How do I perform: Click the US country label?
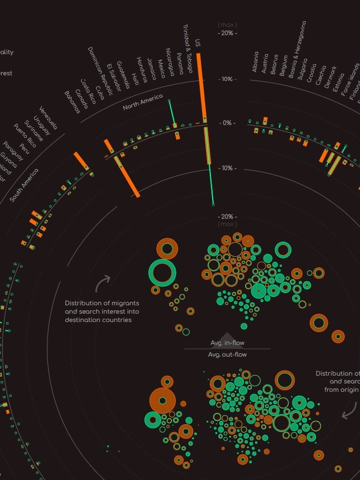tap(198, 43)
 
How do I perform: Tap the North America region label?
tap(142, 103)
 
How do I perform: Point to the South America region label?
tap(25, 184)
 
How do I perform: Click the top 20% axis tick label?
tap(227, 33)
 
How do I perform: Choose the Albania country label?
tap(256, 62)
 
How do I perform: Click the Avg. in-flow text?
tap(227, 343)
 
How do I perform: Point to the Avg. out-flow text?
tap(227, 354)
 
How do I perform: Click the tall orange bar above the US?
tap(199, 84)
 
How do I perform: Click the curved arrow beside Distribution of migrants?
tap(102, 283)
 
